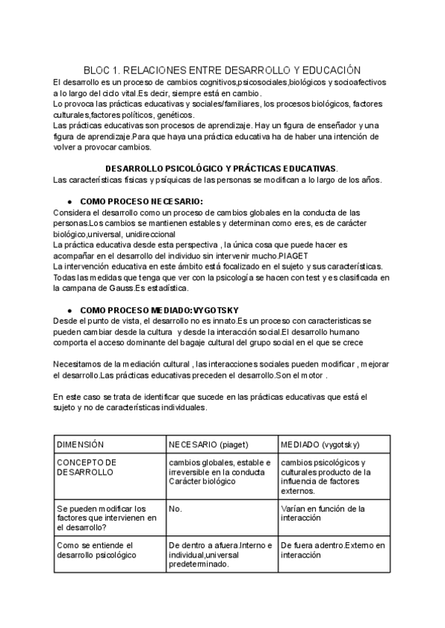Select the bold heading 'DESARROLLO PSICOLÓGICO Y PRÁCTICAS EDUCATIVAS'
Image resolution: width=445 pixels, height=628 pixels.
[222, 169]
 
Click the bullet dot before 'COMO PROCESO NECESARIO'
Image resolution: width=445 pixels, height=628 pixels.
[69, 201]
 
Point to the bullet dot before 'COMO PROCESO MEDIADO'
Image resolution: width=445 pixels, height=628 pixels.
[69, 309]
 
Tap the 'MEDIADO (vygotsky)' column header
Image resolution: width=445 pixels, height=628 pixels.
[320, 444]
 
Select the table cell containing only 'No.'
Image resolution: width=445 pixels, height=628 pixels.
[176, 509]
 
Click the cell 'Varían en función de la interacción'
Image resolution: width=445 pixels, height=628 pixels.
[323, 513]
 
